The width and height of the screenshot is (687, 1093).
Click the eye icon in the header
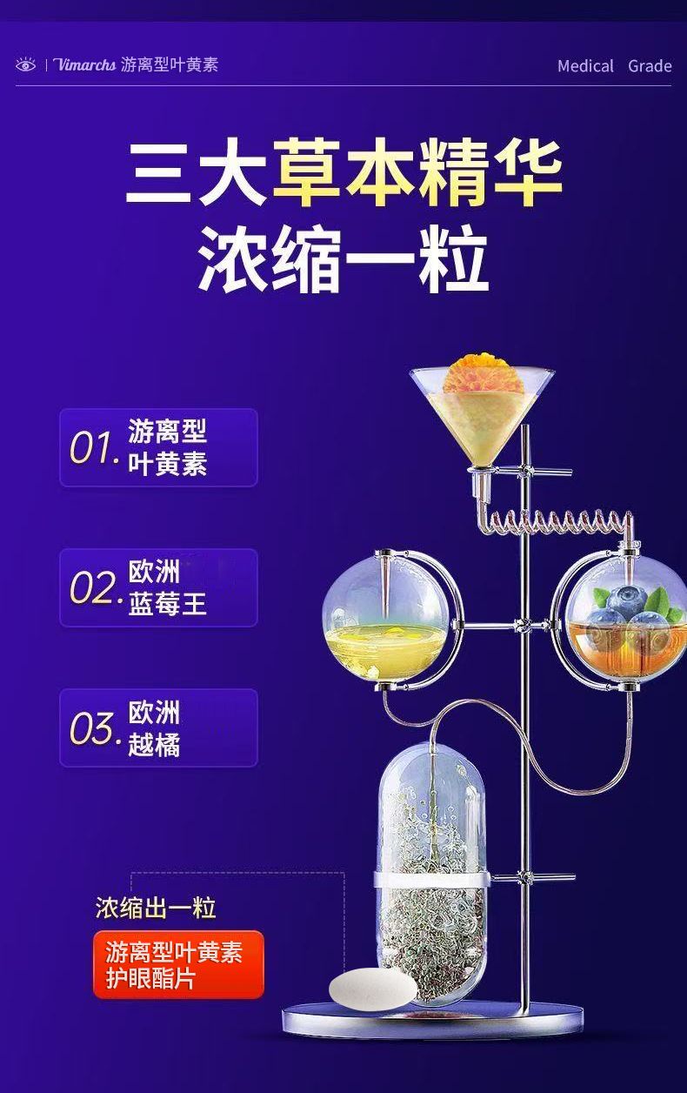click(x=25, y=65)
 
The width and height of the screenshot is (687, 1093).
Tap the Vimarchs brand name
click(x=84, y=65)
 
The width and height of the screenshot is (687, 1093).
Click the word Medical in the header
click(x=585, y=66)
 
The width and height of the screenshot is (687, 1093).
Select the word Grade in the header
click(x=650, y=66)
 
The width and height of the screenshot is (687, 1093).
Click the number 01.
click(x=93, y=449)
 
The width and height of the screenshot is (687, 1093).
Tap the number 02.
click(x=93, y=589)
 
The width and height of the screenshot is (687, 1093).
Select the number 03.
click(x=93, y=729)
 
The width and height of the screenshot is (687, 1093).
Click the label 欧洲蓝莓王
click(x=167, y=588)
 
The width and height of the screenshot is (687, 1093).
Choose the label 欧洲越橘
click(x=154, y=728)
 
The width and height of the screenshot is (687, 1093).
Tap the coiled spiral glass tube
click(x=557, y=522)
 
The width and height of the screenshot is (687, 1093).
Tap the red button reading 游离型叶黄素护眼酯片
click(x=178, y=964)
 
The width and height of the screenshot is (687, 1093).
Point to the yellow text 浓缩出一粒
click(x=155, y=909)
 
